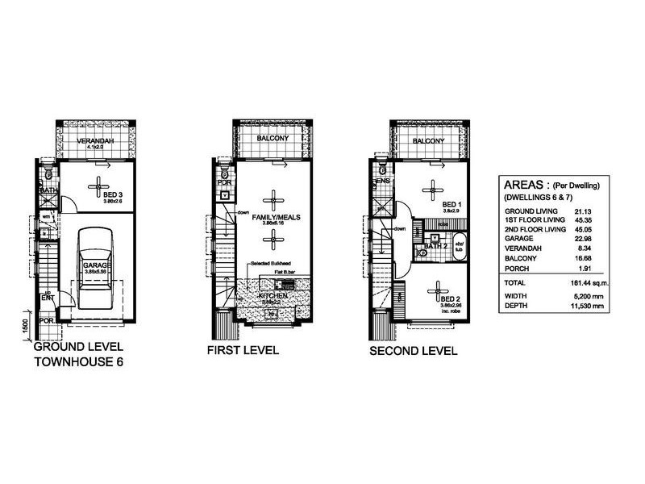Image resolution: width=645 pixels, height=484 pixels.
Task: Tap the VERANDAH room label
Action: point(94,141)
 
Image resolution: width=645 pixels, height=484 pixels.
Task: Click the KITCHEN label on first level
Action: point(273,297)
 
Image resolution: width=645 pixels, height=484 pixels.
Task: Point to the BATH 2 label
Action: point(435,245)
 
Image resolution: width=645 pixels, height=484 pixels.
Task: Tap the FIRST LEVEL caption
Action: point(243,351)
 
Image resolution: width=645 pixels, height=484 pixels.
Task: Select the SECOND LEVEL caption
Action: point(413,351)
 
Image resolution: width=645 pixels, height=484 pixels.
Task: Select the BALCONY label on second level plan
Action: point(428,141)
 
